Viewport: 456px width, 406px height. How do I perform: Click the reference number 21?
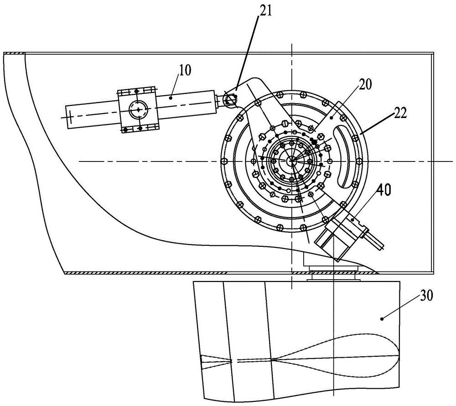click(x=265, y=11)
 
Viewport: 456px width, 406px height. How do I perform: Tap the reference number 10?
click(x=185, y=70)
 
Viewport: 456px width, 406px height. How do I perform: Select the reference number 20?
click(x=365, y=85)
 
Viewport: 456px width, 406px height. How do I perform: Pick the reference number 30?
click(x=426, y=296)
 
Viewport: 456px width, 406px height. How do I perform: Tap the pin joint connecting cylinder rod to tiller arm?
click(x=230, y=100)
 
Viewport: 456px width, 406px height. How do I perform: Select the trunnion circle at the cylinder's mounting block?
click(x=139, y=110)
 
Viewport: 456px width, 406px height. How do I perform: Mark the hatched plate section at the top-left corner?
click(x=14, y=53)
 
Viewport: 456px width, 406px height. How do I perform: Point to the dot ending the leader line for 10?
click(x=171, y=98)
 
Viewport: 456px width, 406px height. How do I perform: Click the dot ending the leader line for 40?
click(x=353, y=220)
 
